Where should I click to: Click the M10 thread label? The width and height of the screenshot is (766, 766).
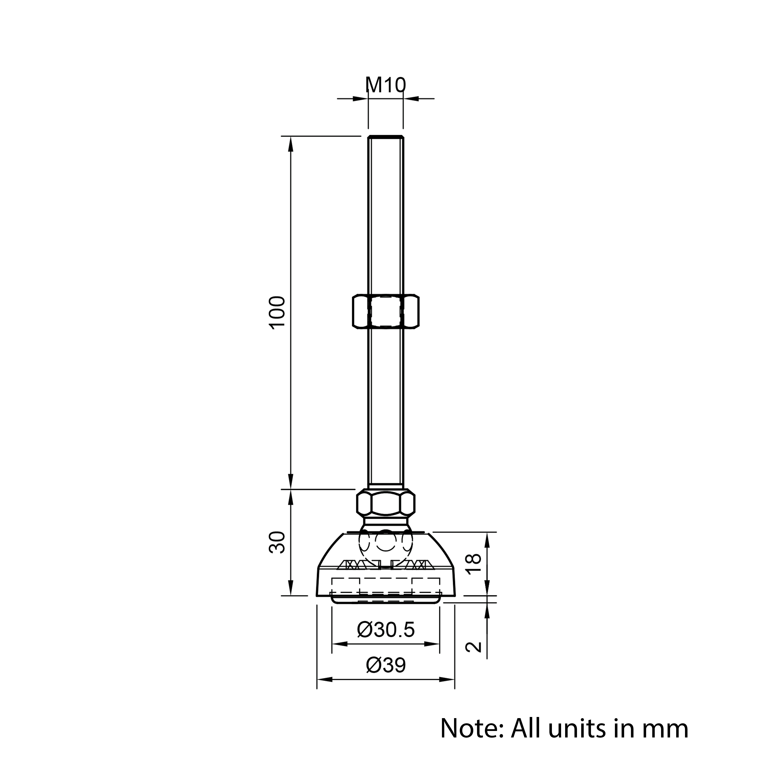pos(385,85)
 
